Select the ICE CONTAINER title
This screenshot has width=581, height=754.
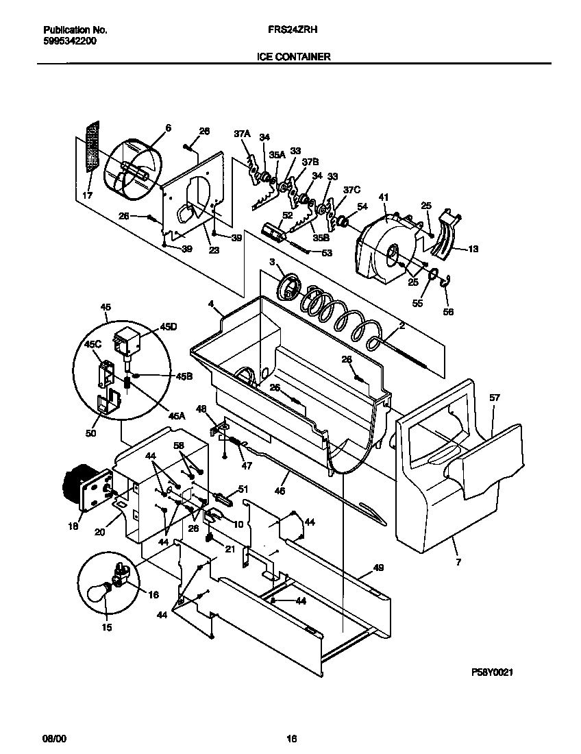[x=295, y=57]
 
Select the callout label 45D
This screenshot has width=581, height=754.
[x=168, y=328]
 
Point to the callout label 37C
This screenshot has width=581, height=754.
[x=351, y=190]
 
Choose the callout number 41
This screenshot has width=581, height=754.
[x=383, y=197]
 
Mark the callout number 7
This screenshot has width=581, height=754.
[x=458, y=562]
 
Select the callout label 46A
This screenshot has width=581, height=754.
[x=177, y=416]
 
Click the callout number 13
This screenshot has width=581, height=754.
[x=473, y=249]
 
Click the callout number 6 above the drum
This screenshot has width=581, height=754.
[x=169, y=128]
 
